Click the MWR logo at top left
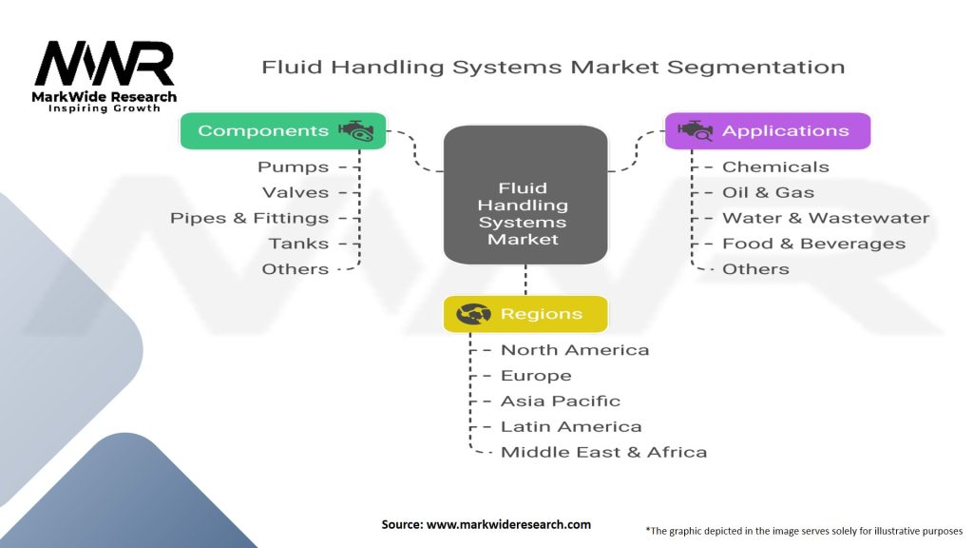(x=105, y=65)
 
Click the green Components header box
(x=283, y=131)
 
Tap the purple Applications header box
(x=768, y=131)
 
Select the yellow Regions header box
(x=525, y=314)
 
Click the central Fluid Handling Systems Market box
(x=525, y=195)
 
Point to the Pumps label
(x=294, y=167)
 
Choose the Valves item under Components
(x=296, y=193)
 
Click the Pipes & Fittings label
(x=250, y=218)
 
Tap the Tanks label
(x=298, y=244)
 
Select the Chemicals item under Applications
(x=775, y=167)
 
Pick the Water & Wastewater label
(x=825, y=218)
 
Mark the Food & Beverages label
(x=813, y=244)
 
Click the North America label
(x=575, y=350)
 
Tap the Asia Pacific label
(x=561, y=401)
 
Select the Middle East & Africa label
(x=603, y=453)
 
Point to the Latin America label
(x=571, y=427)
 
